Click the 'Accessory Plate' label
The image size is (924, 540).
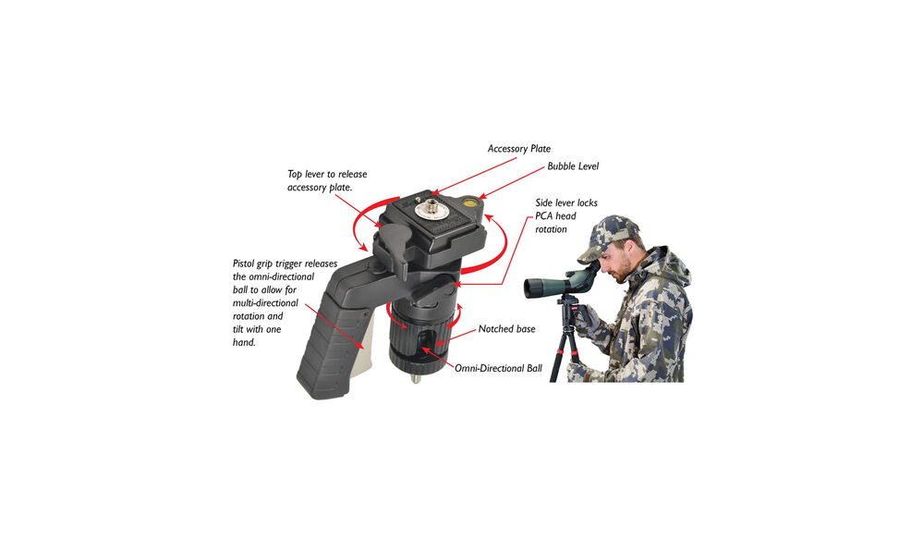pos(518,149)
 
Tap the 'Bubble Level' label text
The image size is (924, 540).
pos(573,166)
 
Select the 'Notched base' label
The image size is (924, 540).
pos(506,329)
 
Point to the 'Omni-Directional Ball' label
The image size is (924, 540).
pos(498,368)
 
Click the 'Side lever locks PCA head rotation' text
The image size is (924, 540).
pos(566,215)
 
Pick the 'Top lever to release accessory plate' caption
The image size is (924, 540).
pos(327,180)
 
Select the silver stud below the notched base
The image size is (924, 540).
pos(415,377)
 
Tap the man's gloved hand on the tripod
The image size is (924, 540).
pos(587,321)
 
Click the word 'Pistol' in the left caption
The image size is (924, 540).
pos(244,264)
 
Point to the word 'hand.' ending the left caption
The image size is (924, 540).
pos(245,342)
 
